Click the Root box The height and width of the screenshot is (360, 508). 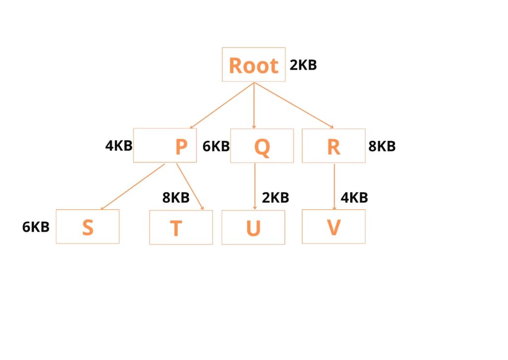tap(254, 64)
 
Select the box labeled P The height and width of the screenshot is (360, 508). tap(165, 146)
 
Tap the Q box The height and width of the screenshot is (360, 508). tap(261, 146)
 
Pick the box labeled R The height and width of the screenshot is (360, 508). tap(333, 146)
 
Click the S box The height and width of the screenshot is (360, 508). tap(87, 227)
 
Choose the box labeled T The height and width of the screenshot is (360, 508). tap(181, 228)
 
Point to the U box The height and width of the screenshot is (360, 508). tap(253, 228)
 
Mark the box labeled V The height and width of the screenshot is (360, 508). tap(333, 227)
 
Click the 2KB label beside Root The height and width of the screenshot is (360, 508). tap(303, 65)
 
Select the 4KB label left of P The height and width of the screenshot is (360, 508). tap(119, 146)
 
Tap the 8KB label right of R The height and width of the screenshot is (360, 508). tap(382, 146)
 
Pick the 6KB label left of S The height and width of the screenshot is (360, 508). tap(36, 227)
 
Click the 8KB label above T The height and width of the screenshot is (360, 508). tap(176, 198)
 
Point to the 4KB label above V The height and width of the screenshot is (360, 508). tap(354, 198)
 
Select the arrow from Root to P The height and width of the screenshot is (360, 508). tap(222, 106)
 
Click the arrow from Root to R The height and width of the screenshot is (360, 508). tap(294, 106)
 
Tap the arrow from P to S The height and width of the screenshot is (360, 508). tap(132, 186)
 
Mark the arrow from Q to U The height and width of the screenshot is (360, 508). tap(254, 186)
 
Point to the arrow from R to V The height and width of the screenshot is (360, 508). tap(334, 186)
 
